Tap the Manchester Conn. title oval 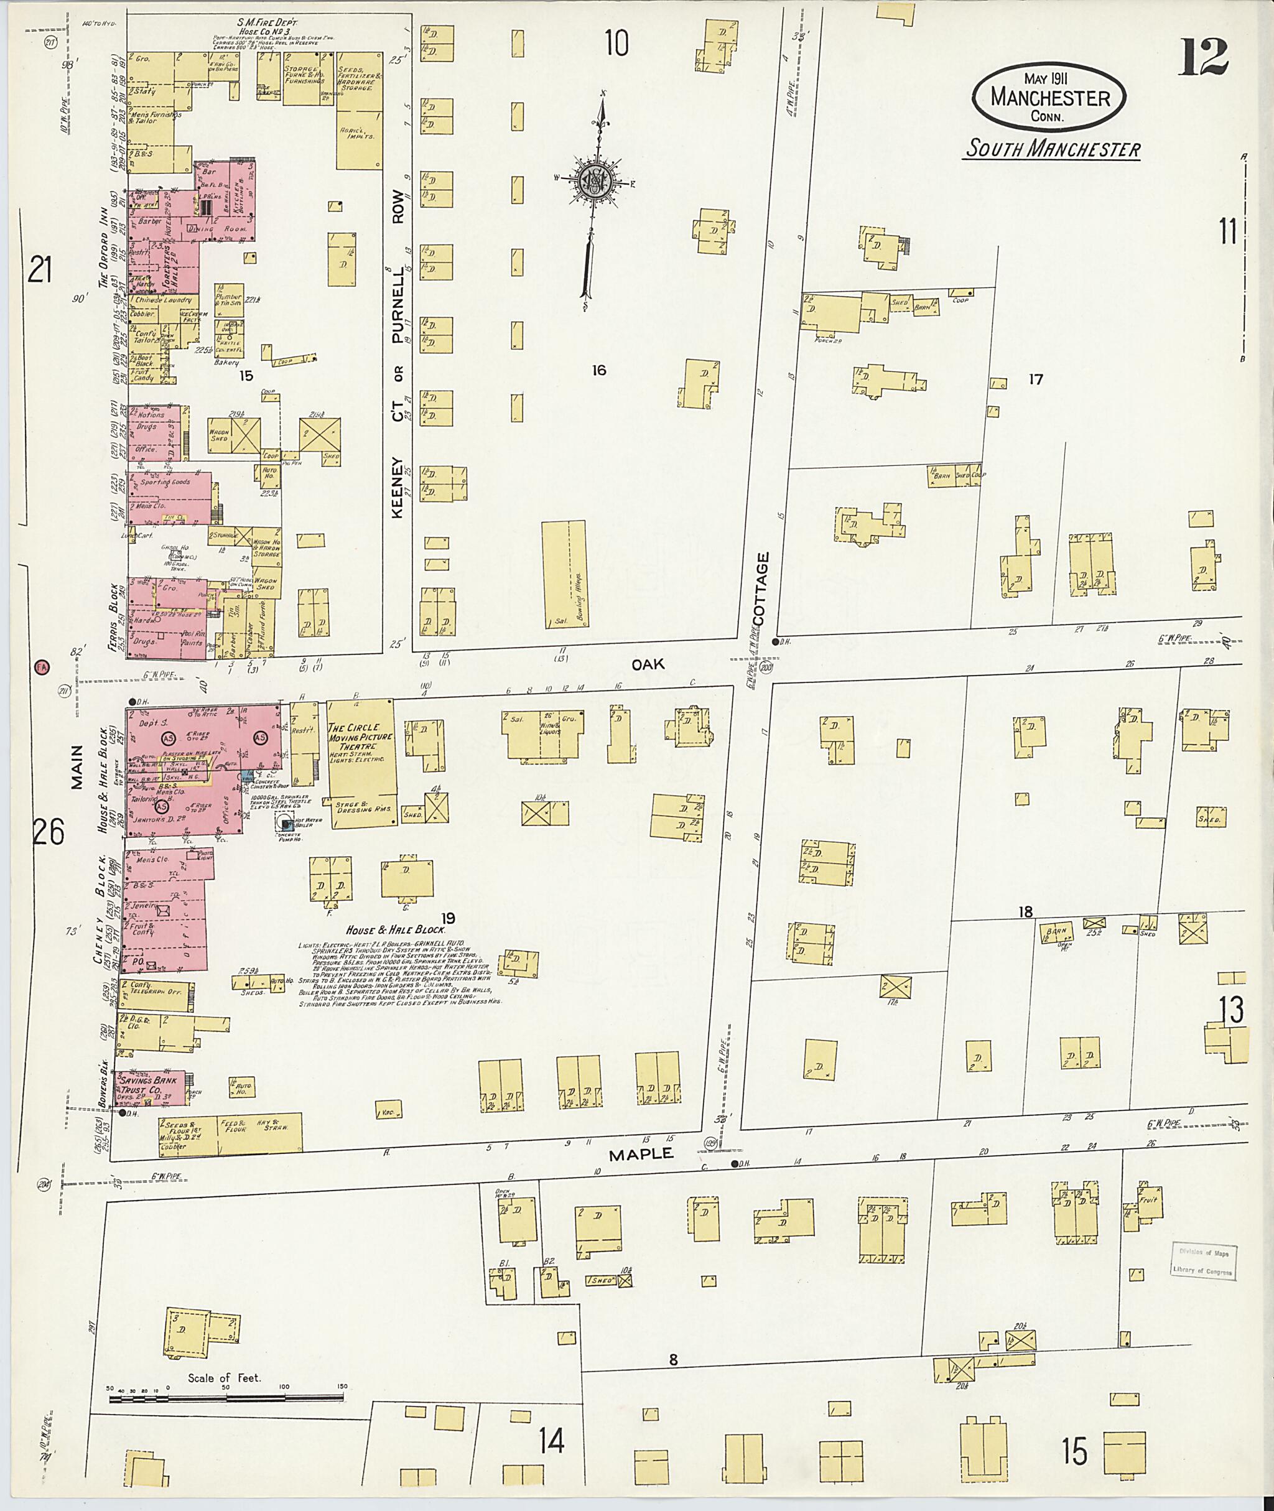[1049, 98]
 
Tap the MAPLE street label [641, 1153]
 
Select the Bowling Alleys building [564, 574]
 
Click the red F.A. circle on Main [41, 667]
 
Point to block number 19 [448, 918]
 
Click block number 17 [1036, 379]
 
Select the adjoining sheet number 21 [40, 272]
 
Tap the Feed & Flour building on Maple [238, 1132]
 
